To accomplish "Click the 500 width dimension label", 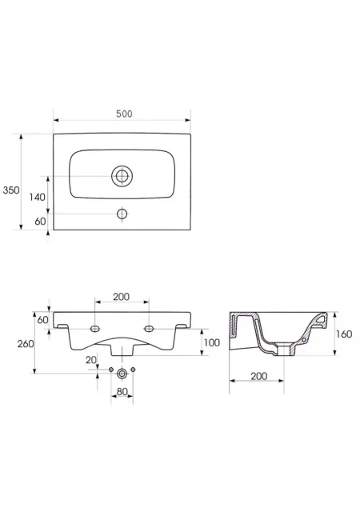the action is click(x=124, y=114).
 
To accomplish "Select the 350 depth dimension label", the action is click(x=11, y=190).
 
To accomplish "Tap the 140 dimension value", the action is click(x=38, y=197).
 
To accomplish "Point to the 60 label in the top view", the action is click(x=40, y=221).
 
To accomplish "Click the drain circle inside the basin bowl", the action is click(x=122, y=176).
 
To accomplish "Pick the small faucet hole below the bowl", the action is click(x=122, y=214).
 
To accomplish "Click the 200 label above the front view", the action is click(x=121, y=297).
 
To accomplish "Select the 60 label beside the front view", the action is click(x=42, y=320).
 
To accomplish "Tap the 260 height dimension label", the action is click(x=26, y=343).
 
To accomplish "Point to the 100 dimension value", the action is click(x=212, y=342).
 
